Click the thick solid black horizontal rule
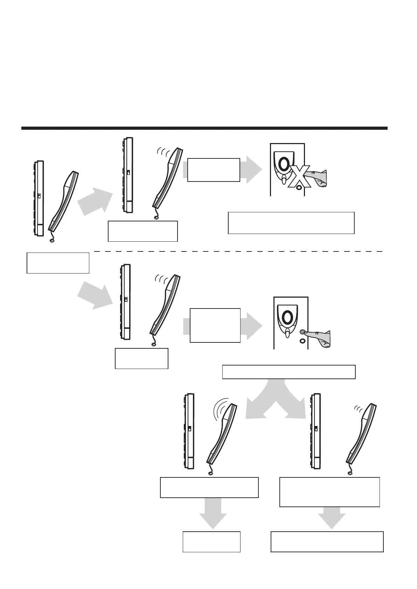pos(204,128)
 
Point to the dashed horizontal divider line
pos(238,251)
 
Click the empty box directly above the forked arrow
pos(289,372)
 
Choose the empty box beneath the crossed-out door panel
pos(291,222)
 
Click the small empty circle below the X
pos(298,187)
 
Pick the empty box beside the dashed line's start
pos(58,263)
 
